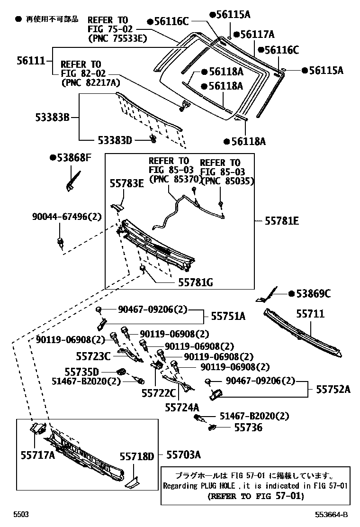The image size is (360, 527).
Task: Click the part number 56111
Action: [x=31, y=60]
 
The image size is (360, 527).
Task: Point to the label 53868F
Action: [x=72, y=158]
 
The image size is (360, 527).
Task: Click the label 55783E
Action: [x=126, y=184]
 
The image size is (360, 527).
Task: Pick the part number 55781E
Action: [x=282, y=221]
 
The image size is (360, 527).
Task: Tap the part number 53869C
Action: [x=314, y=294]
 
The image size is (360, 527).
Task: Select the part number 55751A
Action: [x=228, y=317]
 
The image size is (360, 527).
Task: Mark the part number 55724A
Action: [x=182, y=407]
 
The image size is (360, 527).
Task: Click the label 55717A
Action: [x=37, y=455]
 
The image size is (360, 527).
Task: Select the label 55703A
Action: [x=183, y=455]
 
